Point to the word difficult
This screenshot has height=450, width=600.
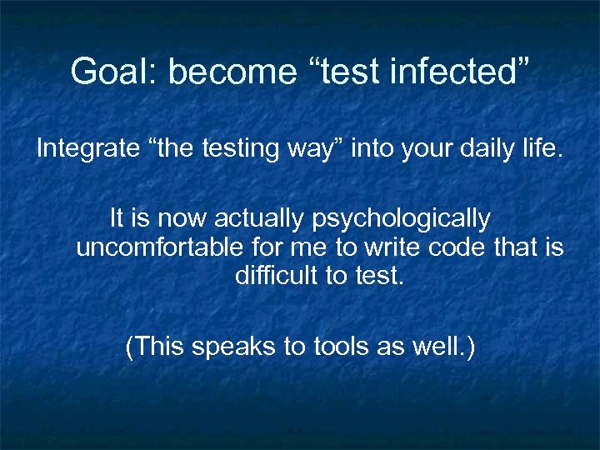(275, 276)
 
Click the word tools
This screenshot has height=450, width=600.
(341, 346)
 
